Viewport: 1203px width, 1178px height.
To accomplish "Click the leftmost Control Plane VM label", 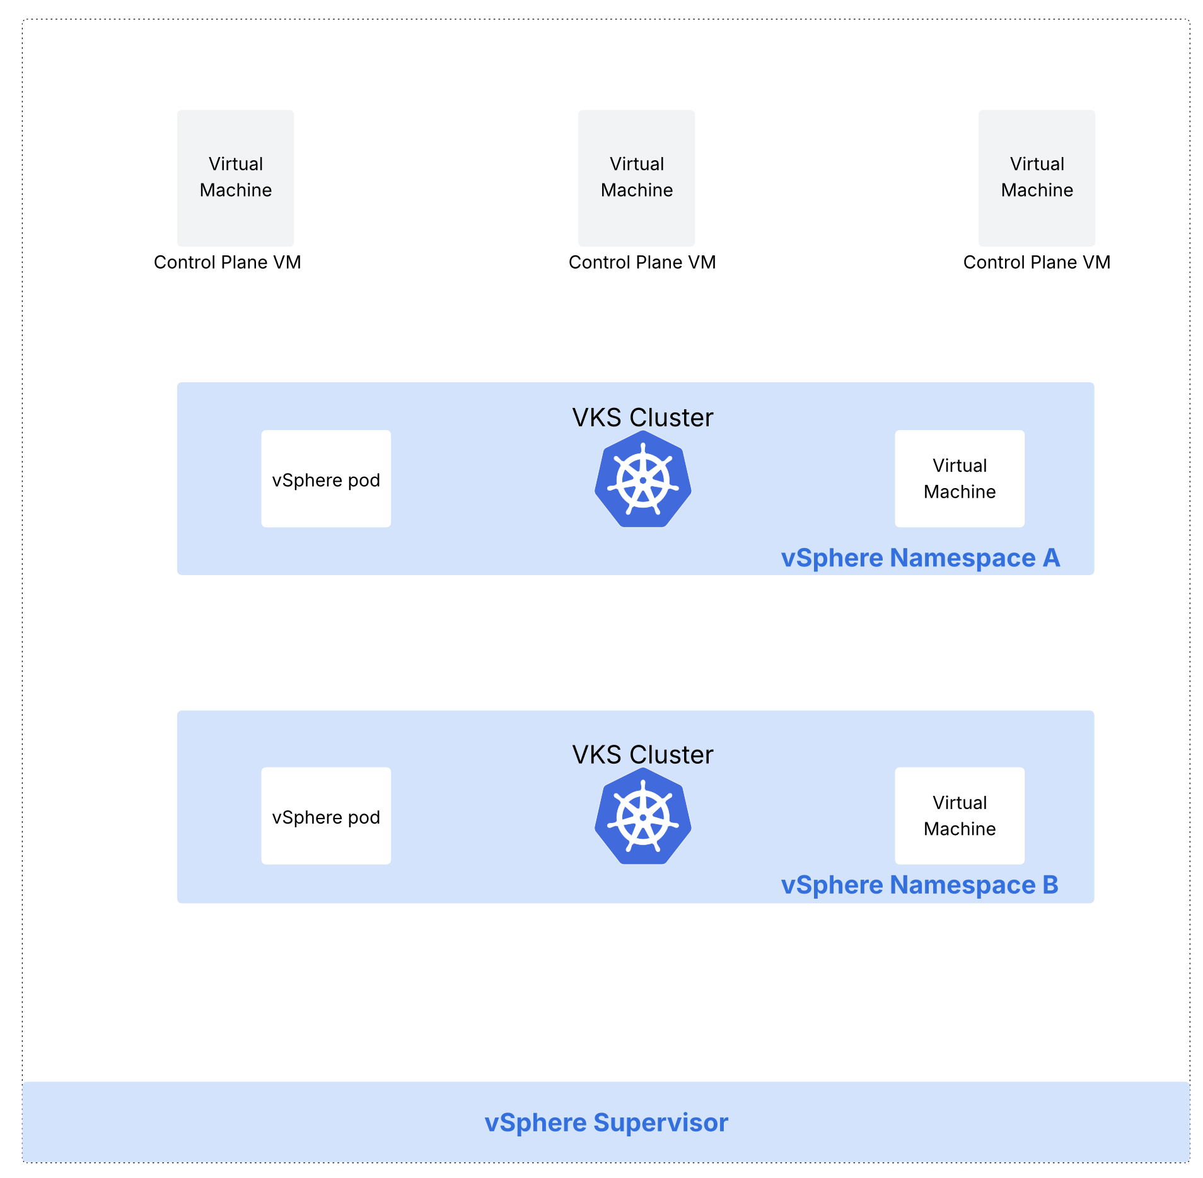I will [x=227, y=262].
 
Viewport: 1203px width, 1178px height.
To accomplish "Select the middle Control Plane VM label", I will [x=642, y=262].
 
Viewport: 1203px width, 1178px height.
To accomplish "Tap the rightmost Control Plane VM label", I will [x=1037, y=262].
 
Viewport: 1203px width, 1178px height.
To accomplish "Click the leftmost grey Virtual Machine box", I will [x=235, y=178].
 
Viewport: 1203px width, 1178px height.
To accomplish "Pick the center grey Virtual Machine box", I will [x=636, y=178].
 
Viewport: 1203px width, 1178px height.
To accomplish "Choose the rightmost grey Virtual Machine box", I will [x=1037, y=178].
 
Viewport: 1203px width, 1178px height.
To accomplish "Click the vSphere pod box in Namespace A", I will [x=326, y=479].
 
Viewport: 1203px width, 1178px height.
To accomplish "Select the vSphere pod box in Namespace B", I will [x=326, y=815].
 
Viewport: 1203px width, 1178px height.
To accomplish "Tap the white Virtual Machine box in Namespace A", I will [x=959, y=479].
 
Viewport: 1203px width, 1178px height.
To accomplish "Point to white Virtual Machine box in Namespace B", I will [x=959, y=815].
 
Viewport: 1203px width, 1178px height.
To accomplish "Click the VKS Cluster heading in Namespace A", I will [x=642, y=417].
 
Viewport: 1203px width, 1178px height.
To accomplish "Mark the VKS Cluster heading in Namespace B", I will [x=642, y=755].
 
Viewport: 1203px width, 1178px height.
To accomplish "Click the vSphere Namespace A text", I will [x=920, y=558].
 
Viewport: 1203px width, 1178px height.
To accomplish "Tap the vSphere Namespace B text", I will [x=919, y=885].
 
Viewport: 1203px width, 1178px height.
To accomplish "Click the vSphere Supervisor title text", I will [x=606, y=1123].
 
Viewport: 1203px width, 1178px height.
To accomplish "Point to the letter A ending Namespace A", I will [x=1051, y=558].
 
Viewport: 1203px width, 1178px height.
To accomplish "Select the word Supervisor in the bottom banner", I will [x=661, y=1123].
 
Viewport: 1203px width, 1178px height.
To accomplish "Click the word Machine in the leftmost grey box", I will [x=235, y=190].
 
